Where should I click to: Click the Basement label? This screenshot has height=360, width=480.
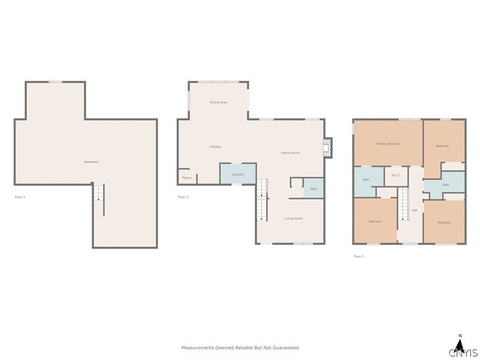click(91, 162)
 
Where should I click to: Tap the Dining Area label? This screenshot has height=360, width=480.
click(218, 103)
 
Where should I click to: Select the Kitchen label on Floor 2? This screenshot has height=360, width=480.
click(215, 147)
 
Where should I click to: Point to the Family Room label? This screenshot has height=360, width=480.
click(289, 153)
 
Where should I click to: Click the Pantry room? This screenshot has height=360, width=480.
click(187, 177)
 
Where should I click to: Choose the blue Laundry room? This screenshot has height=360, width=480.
click(238, 174)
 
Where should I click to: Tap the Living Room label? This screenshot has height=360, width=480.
click(294, 218)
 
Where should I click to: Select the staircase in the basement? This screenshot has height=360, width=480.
click(98, 200)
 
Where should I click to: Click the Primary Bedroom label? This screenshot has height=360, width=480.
click(388, 144)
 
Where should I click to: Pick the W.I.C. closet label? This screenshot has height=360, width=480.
click(396, 176)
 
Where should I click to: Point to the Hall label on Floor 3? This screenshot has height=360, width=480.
click(414, 210)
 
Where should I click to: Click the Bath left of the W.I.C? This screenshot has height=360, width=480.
click(366, 180)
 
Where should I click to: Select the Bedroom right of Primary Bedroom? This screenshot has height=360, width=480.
click(443, 146)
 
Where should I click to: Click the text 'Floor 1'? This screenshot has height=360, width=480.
click(20, 197)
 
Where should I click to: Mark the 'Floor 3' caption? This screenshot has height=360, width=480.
click(358, 256)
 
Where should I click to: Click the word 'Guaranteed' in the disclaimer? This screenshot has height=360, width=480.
click(286, 347)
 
